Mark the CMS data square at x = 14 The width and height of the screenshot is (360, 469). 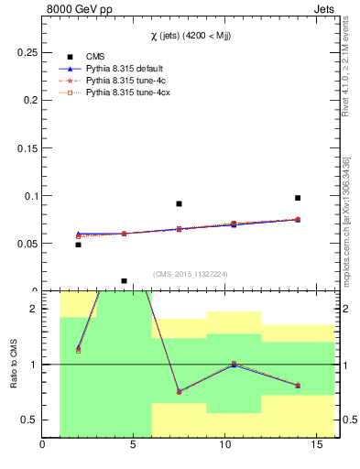click(x=298, y=198)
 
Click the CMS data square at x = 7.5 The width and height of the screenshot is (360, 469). click(x=180, y=203)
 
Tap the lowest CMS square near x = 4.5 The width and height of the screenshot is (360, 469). click(x=125, y=281)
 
